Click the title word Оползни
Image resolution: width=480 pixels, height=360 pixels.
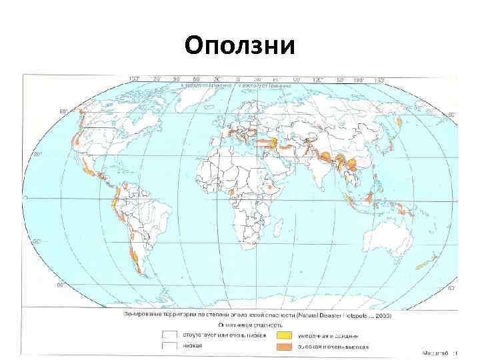[x=240, y=46]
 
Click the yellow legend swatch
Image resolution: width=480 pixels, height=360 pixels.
[x=285, y=335]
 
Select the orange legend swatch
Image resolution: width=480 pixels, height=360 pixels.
[x=285, y=347]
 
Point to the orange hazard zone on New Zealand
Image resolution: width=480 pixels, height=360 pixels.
[x=427, y=261]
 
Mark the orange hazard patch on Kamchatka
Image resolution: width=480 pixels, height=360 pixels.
[x=399, y=121]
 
